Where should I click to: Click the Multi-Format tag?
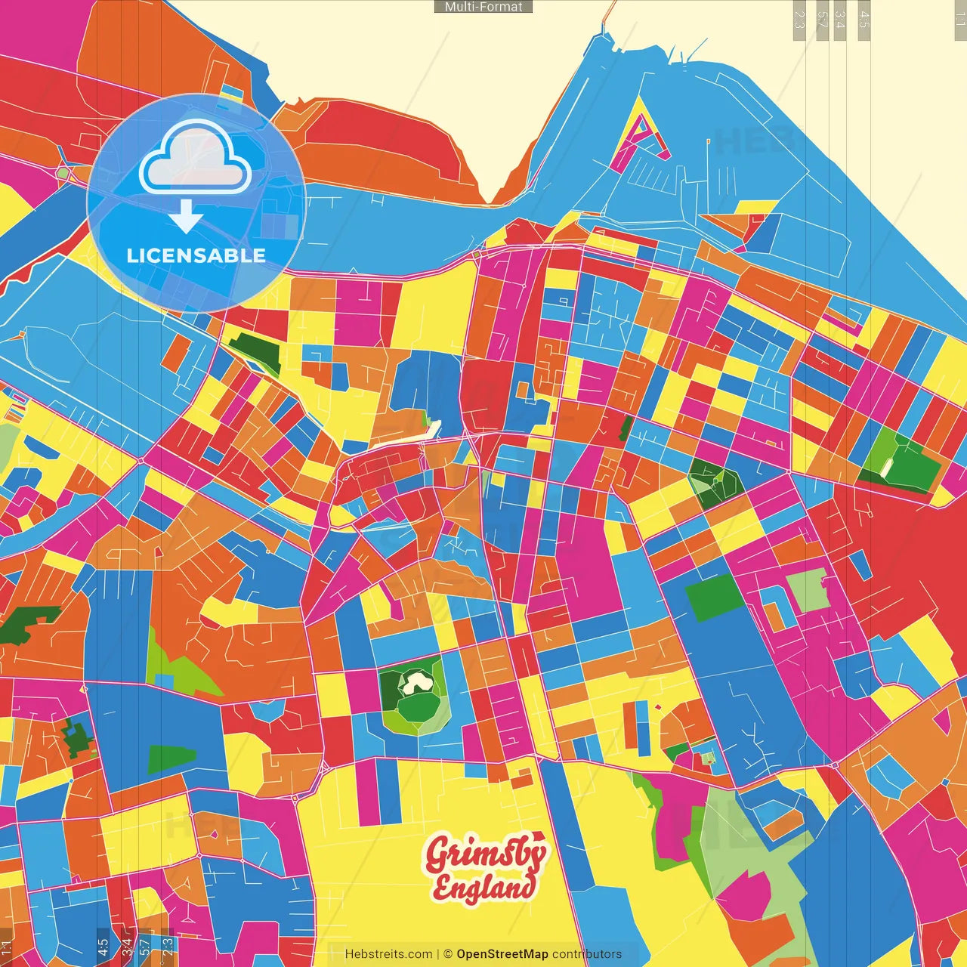tap(483, 7)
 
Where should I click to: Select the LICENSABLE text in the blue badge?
tap(196, 255)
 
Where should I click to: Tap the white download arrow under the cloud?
tap(186, 216)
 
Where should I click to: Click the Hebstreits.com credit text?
tap(388, 954)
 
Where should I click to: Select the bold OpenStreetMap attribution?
tap(502, 954)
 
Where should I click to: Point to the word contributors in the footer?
tap(587, 954)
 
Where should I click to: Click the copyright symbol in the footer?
tap(447, 954)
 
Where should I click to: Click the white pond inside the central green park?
tap(416, 683)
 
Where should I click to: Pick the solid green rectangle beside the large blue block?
tap(714, 597)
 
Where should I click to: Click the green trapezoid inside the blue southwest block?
tap(171, 759)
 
